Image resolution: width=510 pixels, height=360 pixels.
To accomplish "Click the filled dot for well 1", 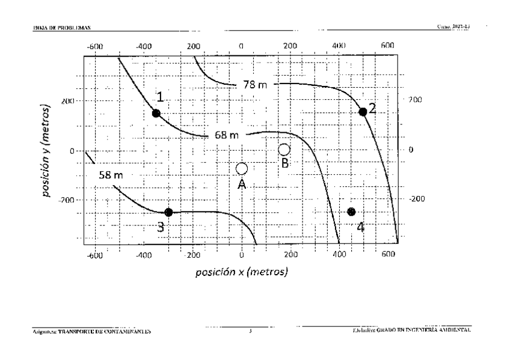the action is click(x=156, y=113).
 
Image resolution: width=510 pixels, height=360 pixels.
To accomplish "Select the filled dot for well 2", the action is click(x=363, y=111).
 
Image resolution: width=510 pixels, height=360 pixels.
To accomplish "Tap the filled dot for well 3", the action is click(x=168, y=212).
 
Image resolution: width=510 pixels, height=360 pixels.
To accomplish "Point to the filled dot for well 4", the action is click(x=352, y=212).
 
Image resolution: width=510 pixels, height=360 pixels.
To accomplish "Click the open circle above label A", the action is click(x=242, y=169).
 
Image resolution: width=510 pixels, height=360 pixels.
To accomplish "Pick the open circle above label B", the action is click(x=284, y=149).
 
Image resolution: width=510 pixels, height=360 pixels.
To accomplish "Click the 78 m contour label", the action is click(x=256, y=85).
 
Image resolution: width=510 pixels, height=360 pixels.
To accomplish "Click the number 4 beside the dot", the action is click(x=361, y=227).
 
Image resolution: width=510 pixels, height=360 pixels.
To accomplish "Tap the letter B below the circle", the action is click(x=286, y=162).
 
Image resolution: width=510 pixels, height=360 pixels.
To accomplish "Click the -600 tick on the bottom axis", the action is click(x=94, y=255).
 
